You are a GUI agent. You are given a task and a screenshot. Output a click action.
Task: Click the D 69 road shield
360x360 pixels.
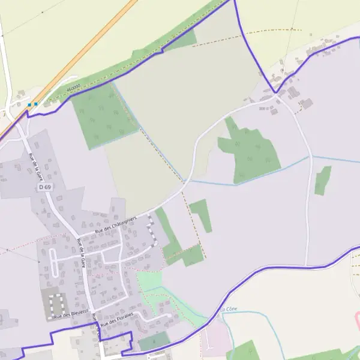[45, 187]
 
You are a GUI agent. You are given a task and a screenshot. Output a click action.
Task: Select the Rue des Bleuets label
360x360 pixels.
[70, 314]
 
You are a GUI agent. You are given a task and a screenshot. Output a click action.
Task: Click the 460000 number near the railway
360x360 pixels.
[73, 88]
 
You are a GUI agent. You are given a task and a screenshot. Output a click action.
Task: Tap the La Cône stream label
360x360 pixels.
[229, 309]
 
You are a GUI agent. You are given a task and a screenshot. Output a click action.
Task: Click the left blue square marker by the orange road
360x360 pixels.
[29, 104]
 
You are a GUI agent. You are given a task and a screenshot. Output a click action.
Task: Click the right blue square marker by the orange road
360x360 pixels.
[36, 104]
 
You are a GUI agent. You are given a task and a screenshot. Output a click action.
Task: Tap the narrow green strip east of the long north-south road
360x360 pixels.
[323, 180]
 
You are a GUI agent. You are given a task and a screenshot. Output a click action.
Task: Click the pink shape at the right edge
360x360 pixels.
[358, 317]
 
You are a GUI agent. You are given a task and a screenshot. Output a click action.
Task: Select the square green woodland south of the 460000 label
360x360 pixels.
[103, 116]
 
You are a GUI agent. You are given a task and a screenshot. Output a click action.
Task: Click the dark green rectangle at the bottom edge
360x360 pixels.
[154, 343]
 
